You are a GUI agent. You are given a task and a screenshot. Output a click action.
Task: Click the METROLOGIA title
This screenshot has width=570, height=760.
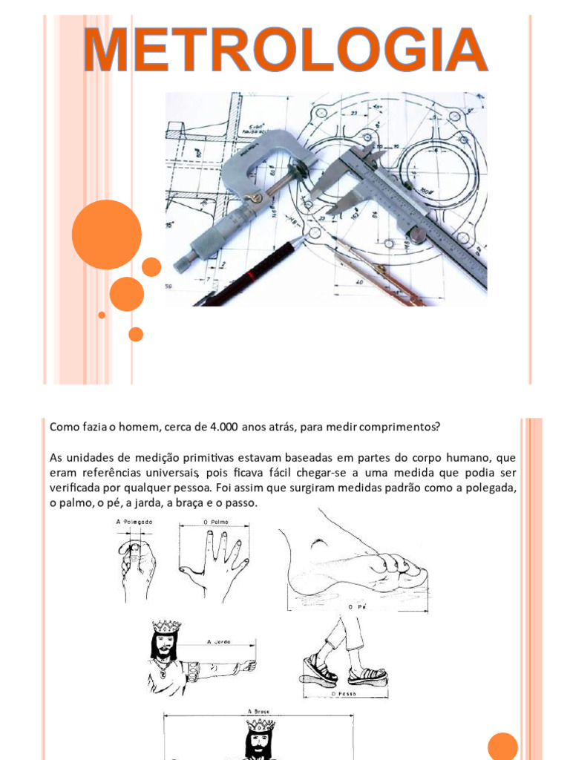click(x=285, y=50)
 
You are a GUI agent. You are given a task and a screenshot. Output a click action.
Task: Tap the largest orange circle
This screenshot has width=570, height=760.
click(x=106, y=235)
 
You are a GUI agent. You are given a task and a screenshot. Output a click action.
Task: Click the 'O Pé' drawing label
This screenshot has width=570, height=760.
click(x=358, y=607)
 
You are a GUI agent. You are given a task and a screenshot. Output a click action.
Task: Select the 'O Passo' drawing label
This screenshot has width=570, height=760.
click(x=345, y=694)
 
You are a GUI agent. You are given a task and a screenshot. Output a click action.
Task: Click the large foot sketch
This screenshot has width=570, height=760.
click(x=353, y=564)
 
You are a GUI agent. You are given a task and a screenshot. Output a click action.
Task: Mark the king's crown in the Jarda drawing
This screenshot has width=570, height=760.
click(x=166, y=626)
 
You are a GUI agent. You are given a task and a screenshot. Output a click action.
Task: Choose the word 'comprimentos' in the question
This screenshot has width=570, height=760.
click(x=403, y=427)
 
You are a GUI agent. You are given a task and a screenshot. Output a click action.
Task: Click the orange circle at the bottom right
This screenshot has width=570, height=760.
click(x=502, y=746)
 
